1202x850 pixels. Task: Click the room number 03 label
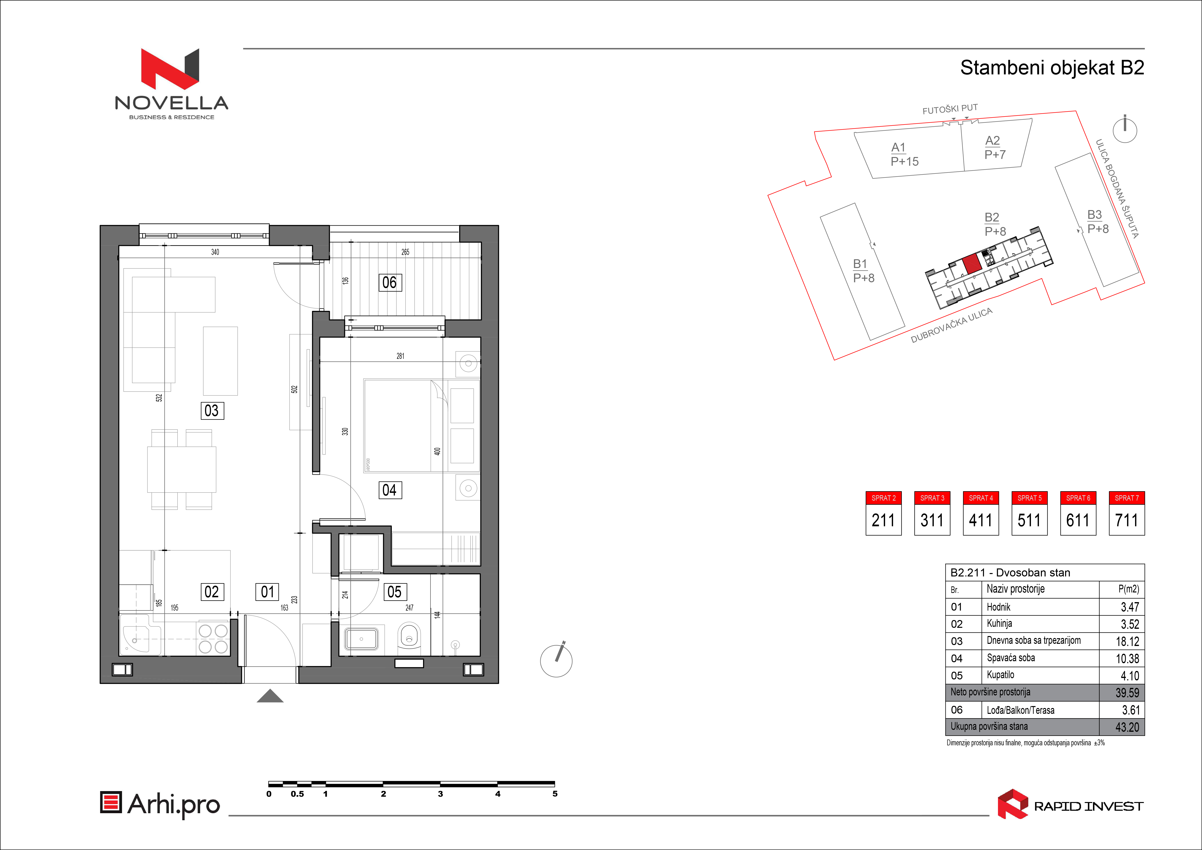click(212, 410)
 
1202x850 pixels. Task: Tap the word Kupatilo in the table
click(1000, 675)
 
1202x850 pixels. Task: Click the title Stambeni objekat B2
click(1052, 68)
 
